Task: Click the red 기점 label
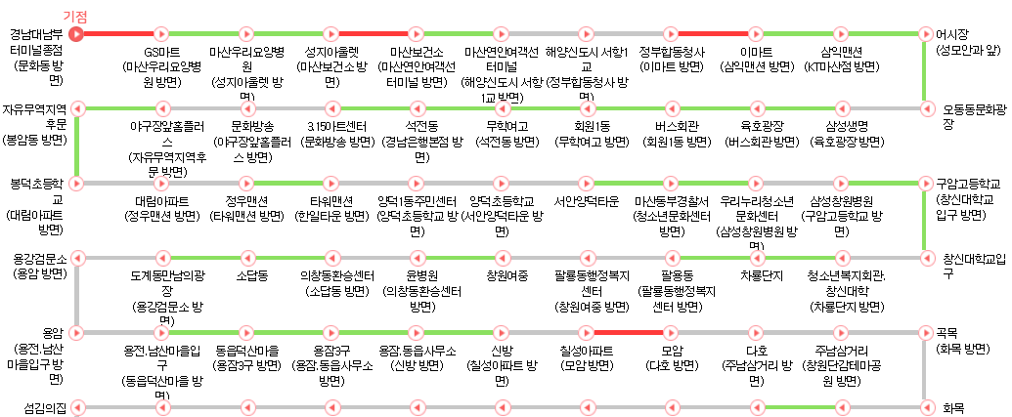pos(75,16)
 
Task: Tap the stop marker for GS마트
pos(161,33)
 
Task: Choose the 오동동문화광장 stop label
pos(975,115)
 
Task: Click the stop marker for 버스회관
pos(670,107)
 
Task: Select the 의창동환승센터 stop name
pos(335,276)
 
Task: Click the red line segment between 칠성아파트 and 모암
pos(629,332)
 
